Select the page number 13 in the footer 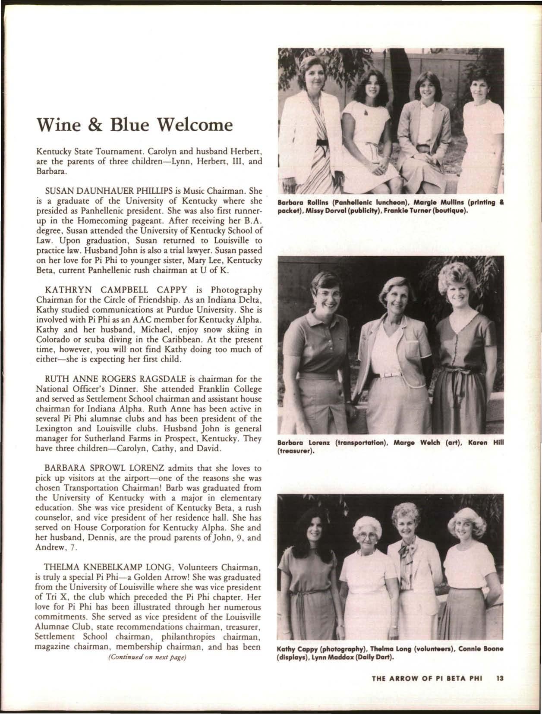pos(500,689)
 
